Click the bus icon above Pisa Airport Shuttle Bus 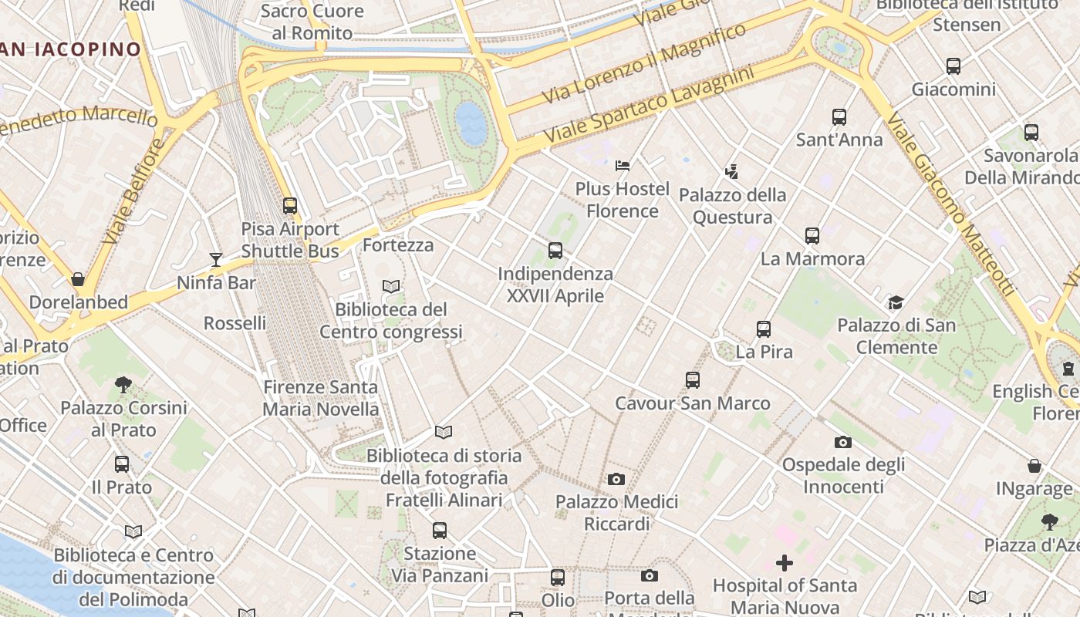[290, 206]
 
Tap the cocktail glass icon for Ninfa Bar [216, 259]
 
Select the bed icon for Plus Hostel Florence [623, 165]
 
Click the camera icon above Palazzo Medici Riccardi [616, 479]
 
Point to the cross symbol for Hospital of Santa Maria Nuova [785, 563]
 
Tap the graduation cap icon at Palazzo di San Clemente [896, 302]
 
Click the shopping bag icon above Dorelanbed [78, 278]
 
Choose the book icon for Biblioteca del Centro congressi [391, 286]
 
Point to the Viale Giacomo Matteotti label [948, 204]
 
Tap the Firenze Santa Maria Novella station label [321, 398]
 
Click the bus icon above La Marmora [812, 236]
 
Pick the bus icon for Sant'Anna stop [839, 117]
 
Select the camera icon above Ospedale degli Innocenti [843, 442]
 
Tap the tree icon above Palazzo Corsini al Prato [123, 384]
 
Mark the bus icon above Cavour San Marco [693, 379]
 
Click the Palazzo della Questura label [732, 206]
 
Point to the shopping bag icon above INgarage [1034, 466]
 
